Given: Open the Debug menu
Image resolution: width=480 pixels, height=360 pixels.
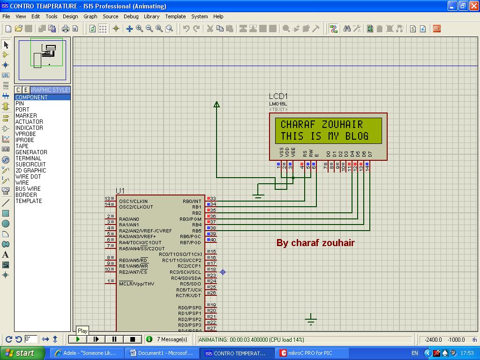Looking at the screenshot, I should pos(131,16).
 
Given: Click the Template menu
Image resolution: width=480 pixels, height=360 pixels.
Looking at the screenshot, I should pos(175,16).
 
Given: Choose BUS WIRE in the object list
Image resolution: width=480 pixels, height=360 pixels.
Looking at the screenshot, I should pos(28,189).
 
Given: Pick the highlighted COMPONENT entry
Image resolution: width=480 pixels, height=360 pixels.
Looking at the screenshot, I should pos(31,97).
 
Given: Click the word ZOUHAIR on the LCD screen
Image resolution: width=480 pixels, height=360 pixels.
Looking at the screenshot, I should pos(342,125).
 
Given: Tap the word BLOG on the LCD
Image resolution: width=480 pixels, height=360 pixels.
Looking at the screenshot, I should pos(357,136).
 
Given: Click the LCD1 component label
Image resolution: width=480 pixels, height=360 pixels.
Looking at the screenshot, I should pos(278,97).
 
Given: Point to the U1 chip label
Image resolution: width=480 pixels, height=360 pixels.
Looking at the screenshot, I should pos(120,191).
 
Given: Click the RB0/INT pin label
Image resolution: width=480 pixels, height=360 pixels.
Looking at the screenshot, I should pos(192,202).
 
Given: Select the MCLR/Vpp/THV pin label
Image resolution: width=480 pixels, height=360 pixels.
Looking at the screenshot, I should pos(136,284).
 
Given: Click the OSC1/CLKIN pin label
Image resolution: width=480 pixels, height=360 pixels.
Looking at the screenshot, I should pos(133,202).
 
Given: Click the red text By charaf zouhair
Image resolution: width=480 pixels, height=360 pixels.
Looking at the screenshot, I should pos(315,243).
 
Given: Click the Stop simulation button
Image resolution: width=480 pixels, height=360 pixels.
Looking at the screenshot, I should pos(133,339).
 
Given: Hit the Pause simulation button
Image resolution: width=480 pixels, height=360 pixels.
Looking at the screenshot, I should pos(114,339).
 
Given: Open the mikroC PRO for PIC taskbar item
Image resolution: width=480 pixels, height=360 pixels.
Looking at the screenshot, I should pos(309,353).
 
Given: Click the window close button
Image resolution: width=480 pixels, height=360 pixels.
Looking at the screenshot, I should pos(473,6).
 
